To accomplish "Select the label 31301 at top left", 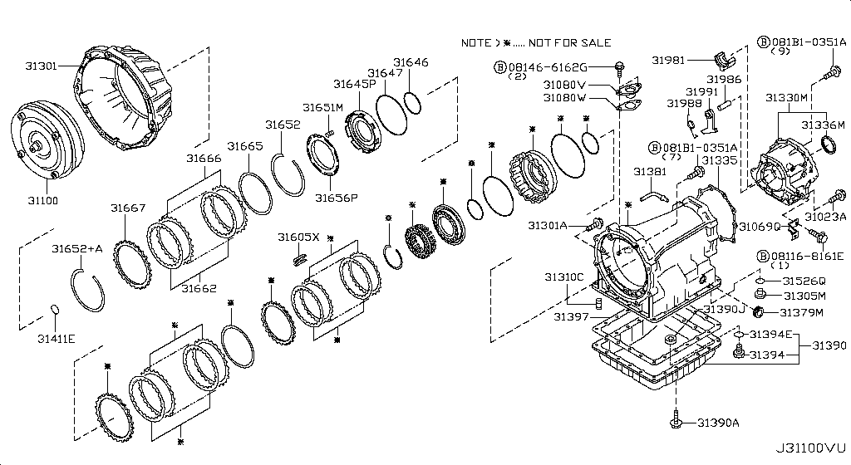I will [x=39, y=66].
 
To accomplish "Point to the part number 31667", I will [x=128, y=208].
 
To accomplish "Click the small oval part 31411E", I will [x=56, y=311].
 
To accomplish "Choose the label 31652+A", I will [x=76, y=248].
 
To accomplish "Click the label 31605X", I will [x=298, y=237].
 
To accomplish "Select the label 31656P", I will [x=336, y=198].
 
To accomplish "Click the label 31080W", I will [x=564, y=97].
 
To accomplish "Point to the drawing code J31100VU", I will [x=809, y=448].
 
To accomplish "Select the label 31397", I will [x=571, y=316].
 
